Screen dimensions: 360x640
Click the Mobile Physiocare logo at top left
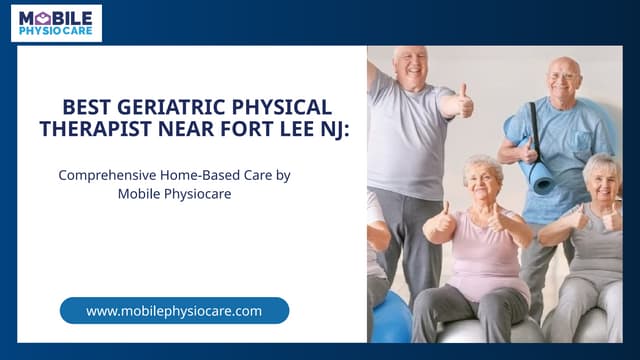pos(56,22)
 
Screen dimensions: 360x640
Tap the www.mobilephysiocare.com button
pos(174,310)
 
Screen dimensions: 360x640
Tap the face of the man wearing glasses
pos(564,78)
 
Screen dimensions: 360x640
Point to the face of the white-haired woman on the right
pos(601,182)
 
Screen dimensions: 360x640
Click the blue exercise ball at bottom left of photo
pos(390,318)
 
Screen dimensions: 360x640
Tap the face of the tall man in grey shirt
pos(412,68)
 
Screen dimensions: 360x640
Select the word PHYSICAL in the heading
pos(282,107)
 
